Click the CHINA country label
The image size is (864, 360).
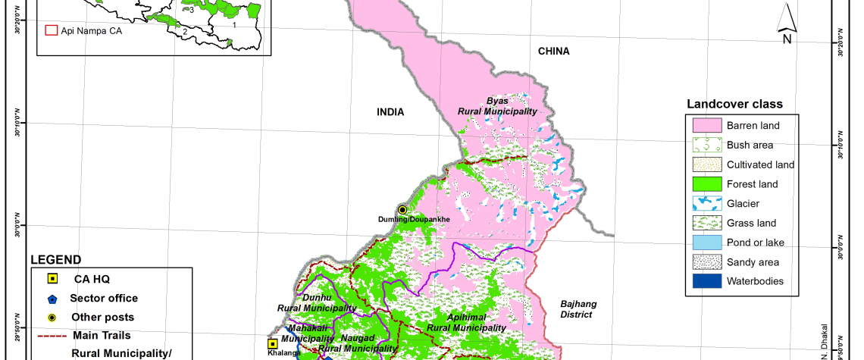(x=553, y=52)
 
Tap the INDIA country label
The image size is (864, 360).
(x=391, y=112)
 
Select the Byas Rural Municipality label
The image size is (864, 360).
(x=497, y=105)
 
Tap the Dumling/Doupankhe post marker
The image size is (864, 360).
(x=402, y=210)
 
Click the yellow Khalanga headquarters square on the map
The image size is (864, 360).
(x=272, y=343)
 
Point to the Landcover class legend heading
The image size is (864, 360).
(x=734, y=104)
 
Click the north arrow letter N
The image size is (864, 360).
(x=787, y=39)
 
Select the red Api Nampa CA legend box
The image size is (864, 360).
(x=52, y=31)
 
